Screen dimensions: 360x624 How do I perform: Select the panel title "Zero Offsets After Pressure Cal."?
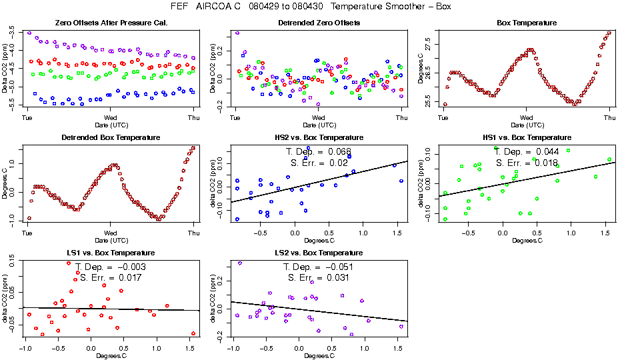[x=111, y=23]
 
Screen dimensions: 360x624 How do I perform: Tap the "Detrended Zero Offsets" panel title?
[x=319, y=23]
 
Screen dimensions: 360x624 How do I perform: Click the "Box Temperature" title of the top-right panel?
[x=527, y=23]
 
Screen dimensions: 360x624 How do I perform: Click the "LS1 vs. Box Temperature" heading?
[x=111, y=253]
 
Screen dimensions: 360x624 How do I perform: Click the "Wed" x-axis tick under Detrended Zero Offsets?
[x=319, y=118]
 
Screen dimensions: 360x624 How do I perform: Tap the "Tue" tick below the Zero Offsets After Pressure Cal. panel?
[x=28, y=118]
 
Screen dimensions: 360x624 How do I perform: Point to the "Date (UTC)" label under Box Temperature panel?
[x=527, y=125]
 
